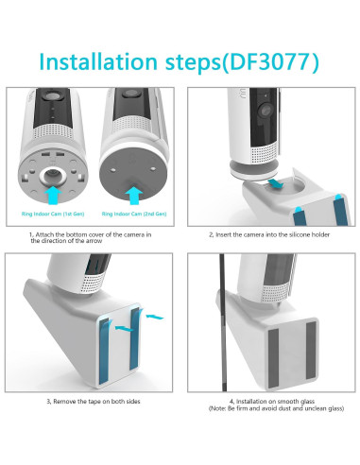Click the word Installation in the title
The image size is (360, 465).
coord(98,61)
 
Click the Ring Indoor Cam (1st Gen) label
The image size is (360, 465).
coord(53,214)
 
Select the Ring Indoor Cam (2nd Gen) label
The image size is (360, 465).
coord(134,214)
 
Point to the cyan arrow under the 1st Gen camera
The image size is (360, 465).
coord(53,195)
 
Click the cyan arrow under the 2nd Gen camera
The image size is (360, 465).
coord(134,196)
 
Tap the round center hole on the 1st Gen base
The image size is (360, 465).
coord(53,175)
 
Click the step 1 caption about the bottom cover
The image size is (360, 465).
coord(91,237)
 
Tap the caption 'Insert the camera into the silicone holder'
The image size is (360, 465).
coord(269,234)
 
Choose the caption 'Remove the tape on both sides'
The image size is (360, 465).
coord(94,402)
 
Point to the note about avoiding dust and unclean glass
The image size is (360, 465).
coord(276,408)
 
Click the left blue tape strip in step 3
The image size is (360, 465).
coord(105,352)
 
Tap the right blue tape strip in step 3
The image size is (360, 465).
coord(134,339)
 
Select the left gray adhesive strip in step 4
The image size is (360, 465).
coord(273,358)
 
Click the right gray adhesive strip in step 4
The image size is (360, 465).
coord(311,351)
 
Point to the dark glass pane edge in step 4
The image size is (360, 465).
coord(223,322)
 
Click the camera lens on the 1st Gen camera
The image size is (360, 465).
coord(52,95)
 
